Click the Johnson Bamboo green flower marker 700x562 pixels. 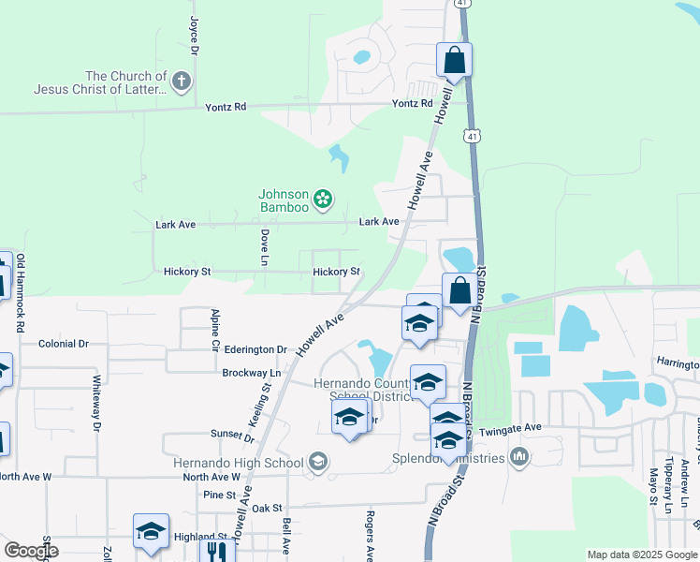[323, 199]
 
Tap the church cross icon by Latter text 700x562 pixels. [182, 82]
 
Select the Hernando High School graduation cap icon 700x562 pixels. [318, 462]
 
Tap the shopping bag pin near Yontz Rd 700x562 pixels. [454, 61]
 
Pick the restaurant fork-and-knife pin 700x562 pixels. [217, 550]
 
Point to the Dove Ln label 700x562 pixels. [265, 246]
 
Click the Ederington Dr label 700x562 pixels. [255, 349]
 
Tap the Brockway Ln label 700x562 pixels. [245, 372]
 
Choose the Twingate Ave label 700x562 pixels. [511, 428]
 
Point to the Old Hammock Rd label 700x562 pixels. [20, 294]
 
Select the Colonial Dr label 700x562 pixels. [64, 344]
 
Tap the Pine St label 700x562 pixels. [218, 494]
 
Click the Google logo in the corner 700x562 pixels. [31, 551]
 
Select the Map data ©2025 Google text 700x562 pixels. [641, 555]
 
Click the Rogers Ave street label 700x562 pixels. [370, 536]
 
